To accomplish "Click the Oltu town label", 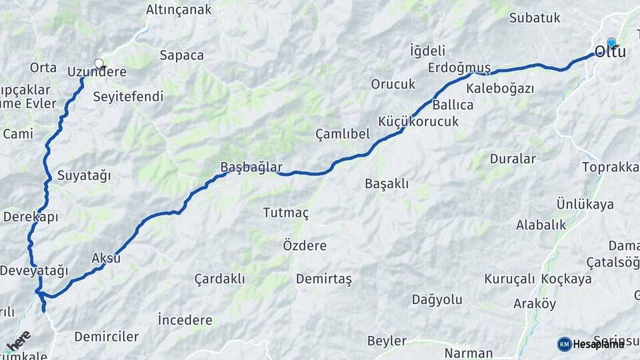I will pyautogui.click(x=610, y=51).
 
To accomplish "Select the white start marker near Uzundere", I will pyautogui.click(x=99, y=64).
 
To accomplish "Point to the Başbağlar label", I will pyautogui.click(x=252, y=167).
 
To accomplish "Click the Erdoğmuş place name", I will pyautogui.click(x=459, y=68).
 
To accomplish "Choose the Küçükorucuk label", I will pyautogui.click(x=418, y=121).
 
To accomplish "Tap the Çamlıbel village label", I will pyautogui.click(x=342, y=134).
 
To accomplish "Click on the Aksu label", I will pyautogui.click(x=106, y=257).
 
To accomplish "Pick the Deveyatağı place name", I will pyautogui.click(x=34, y=271).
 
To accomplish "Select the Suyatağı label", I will pyautogui.click(x=84, y=176).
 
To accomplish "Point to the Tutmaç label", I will pyautogui.click(x=286, y=213).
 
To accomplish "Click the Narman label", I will pyautogui.click(x=469, y=353).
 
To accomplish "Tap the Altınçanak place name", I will pyautogui.click(x=179, y=9).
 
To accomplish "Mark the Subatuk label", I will pyautogui.click(x=535, y=18).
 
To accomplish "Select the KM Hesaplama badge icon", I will pyautogui.click(x=564, y=344).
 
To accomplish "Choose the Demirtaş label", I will pyautogui.click(x=323, y=279).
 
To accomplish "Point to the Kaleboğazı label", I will pyautogui.click(x=501, y=88).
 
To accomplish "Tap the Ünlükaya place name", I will pyautogui.click(x=585, y=204).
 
